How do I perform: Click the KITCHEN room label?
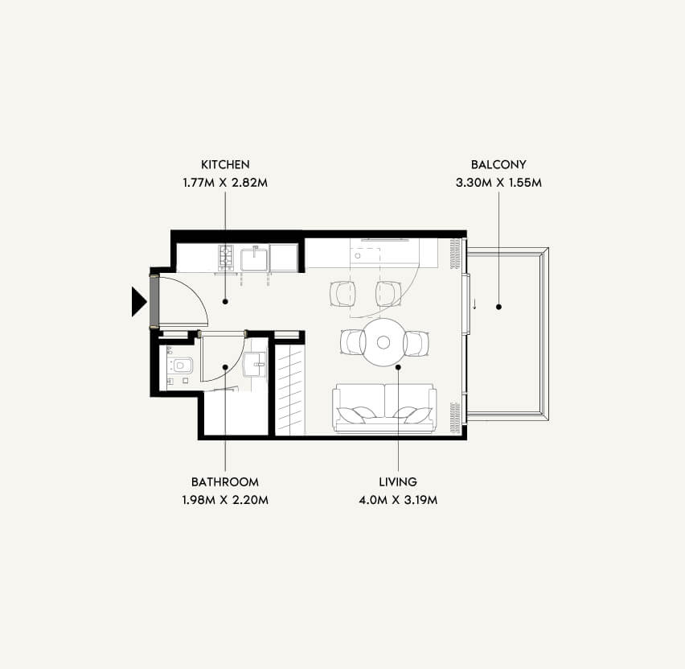pyautogui.click(x=225, y=164)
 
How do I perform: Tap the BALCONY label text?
pyautogui.click(x=498, y=164)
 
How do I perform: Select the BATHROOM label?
pyautogui.click(x=225, y=481)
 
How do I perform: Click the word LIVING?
pyautogui.click(x=398, y=481)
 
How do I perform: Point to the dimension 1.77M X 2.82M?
pyautogui.click(x=225, y=183)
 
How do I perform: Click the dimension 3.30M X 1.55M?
pyautogui.click(x=498, y=183)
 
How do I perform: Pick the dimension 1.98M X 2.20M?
pyautogui.click(x=225, y=500)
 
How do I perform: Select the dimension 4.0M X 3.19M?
pyautogui.click(x=398, y=500)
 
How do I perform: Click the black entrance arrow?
pyautogui.click(x=138, y=301)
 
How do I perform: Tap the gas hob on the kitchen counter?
pyautogui.click(x=226, y=257)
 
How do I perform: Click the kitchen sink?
pyautogui.click(x=254, y=258)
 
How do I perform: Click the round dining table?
pyautogui.click(x=384, y=342)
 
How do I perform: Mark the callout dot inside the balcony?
pyautogui.click(x=498, y=308)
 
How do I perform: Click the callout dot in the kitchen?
pyautogui.click(x=225, y=301)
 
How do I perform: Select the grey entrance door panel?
pyautogui.click(x=154, y=301)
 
